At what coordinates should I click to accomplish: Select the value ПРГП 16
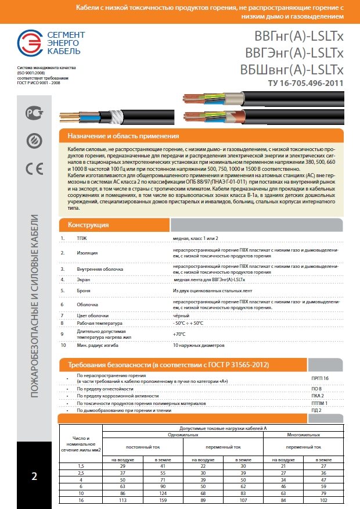(x=320, y=378)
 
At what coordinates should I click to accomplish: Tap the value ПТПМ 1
(x=319, y=403)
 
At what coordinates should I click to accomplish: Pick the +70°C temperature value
(x=179, y=334)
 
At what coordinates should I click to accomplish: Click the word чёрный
(x=181, y=315)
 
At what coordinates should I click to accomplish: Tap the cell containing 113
(x=123, y=499)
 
